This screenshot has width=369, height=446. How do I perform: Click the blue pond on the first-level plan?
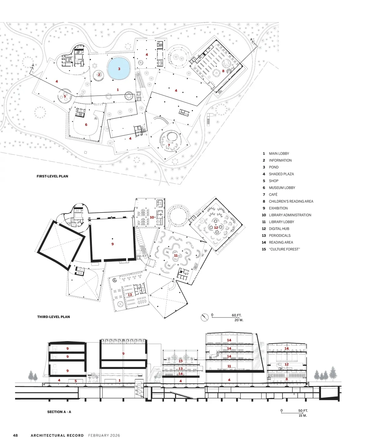click(x=119, y=68)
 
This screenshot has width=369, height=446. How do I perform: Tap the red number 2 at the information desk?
click(x=99, y=75)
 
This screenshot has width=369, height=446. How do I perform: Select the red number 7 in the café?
click(x=169, y=145)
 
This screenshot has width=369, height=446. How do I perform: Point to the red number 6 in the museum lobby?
click(x=86, y=125)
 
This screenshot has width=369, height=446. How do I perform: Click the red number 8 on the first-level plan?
click(x=223, y=71)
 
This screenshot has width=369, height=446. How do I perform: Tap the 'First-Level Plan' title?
click(x=52, y=176)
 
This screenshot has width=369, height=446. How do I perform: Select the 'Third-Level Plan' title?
click(x=54, y=317)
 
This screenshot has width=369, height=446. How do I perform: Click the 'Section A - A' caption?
click(x=59, y=412)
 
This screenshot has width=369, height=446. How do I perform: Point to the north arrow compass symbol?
click(x=204, y=317)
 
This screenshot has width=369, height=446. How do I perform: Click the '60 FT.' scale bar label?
click(x=236, y=315)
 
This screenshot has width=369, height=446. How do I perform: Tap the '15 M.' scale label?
click(x=303, y=416)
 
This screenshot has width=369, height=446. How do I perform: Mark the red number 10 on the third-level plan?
click(x=152, y=217)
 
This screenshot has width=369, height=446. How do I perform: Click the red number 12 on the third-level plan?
click(x=216, y=228)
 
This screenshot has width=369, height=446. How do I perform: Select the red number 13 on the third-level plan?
click(x=130, y=295)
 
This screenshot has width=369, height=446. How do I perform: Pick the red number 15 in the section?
click(x=181, y=361)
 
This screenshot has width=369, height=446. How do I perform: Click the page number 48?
click(x=15, y=435)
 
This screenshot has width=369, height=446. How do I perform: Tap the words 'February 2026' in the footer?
click(x=104, y=435)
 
